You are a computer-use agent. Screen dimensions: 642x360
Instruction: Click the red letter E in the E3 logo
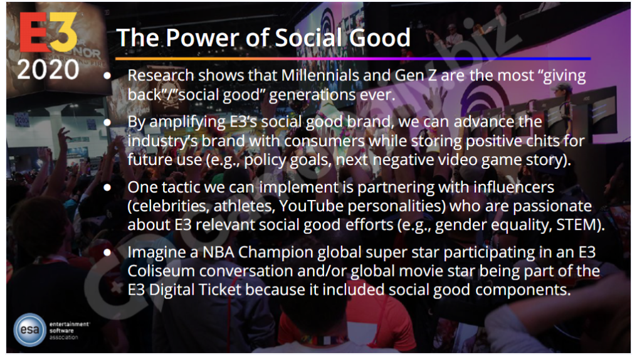click(x=34, y=33)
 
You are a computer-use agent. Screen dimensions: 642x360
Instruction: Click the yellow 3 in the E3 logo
click(x=64, y=33)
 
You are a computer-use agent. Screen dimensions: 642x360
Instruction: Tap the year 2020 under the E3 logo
click(x=48, y=70)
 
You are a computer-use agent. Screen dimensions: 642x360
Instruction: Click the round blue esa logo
click(x=29, y=330)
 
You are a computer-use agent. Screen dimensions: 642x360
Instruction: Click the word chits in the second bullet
click(x=543, y=140)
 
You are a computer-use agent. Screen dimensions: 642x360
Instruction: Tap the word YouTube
click(x=311, y=206)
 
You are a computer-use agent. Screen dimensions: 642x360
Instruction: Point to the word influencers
click(x=514, y=187)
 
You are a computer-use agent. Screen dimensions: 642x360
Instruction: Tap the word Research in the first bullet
click(x=160, y=75)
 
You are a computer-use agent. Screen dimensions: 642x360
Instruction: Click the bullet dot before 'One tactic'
click(x=107, y=188)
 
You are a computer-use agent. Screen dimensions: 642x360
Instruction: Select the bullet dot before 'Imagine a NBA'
click(x=107, y=253)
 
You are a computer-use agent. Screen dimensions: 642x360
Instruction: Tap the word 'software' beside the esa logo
click(x=62, y=331)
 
